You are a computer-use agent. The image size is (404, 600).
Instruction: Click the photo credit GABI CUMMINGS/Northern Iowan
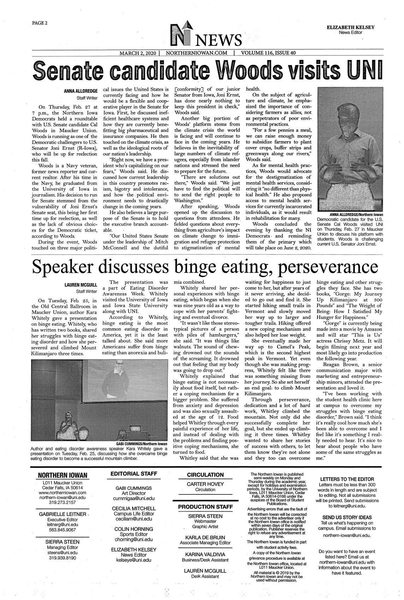142,444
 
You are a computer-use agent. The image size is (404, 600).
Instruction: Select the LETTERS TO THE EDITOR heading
346,479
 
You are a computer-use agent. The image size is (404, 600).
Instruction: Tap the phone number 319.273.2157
63,502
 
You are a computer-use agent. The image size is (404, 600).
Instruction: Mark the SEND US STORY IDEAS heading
346,517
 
